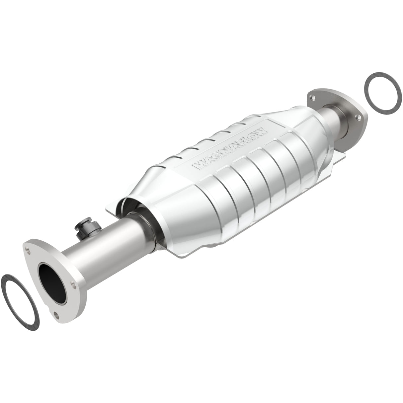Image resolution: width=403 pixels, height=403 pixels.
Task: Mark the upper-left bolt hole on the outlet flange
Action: point(312,97)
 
